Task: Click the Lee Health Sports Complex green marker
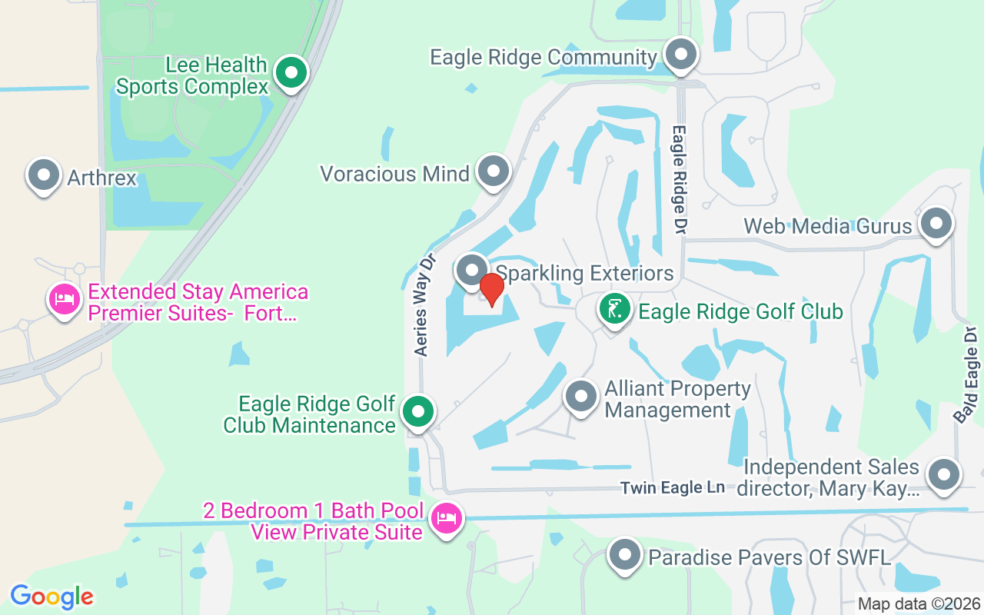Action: (291, 75)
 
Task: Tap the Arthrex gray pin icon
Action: (44, 176)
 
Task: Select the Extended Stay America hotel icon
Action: (65, 299)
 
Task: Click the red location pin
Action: (491, 290)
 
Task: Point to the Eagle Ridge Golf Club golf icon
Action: (613, 311)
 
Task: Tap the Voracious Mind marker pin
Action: (493, 171)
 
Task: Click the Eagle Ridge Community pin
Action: (680, 55)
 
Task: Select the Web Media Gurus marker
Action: (936, 224)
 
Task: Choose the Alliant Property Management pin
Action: (581, 397)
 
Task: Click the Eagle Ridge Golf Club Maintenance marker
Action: (418, 413)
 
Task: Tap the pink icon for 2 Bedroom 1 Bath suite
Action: (447, 519)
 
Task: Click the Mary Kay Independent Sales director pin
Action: (943, 475)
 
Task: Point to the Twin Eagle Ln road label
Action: (673, 488)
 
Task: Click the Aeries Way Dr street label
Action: (424, 305)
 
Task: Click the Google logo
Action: (52, 596)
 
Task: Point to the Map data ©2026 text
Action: (919, 603)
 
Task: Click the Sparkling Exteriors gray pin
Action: (471, 271)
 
